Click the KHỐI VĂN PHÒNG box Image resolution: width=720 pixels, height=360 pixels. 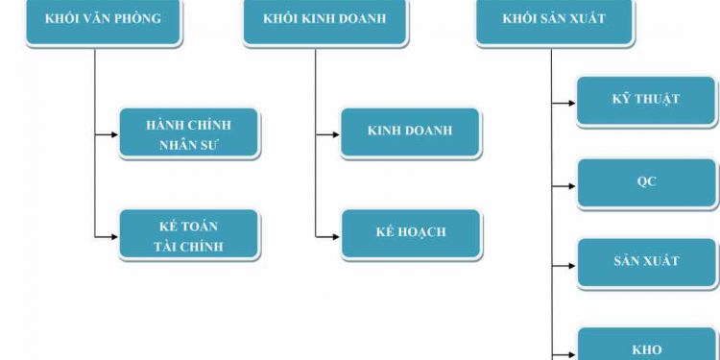click(x=103, y=21)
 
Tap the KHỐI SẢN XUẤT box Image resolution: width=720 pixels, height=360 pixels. click(x=554, y=21)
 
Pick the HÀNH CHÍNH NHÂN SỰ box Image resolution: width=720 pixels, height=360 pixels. click(x=188, y=134)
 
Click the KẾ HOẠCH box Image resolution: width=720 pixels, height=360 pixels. click(x=411, y=233)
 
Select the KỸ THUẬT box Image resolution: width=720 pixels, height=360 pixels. click(x=645, y=101)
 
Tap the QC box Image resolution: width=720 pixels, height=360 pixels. click(x=645, y=182)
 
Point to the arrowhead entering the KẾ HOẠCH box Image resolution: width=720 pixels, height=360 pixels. click(x=335, y=236)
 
